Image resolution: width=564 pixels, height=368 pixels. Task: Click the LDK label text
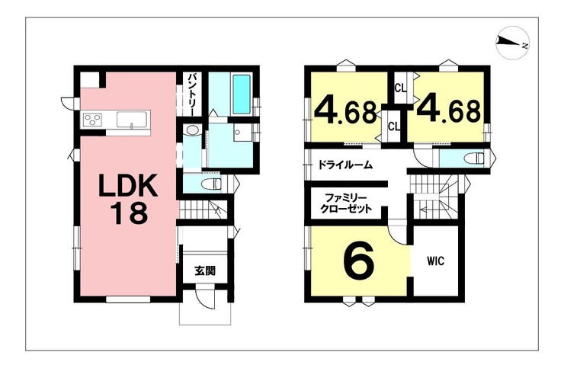click(x=129, y=185)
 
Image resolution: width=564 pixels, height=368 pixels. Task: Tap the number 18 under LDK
click(x=129, y=213)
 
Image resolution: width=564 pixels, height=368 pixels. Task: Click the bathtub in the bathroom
click(x=241, y=94)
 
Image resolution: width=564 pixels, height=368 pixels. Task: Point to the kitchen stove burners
click(x=93, y=120)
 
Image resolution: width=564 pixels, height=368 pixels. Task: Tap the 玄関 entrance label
click(x=205, y=270)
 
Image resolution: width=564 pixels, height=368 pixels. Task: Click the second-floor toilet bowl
click(x=474, y=158)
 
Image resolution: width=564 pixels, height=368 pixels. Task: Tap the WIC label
click(x=436, y=261)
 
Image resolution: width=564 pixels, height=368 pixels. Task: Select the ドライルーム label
click(x=344, y=165)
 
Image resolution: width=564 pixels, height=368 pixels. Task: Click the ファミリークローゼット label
click(x=346, y=203)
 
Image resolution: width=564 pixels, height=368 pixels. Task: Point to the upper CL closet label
click(x=400, y=88)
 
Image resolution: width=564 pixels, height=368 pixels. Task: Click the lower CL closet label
click(x=393, y=126)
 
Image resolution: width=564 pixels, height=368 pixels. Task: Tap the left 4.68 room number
click(x=346, y=111)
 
